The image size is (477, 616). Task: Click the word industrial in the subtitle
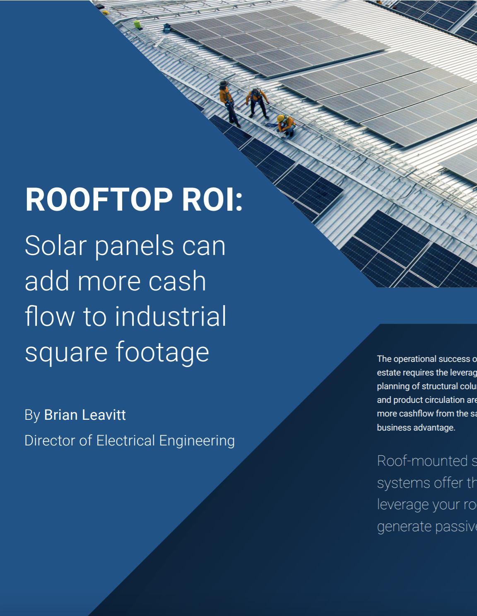coord(171,316)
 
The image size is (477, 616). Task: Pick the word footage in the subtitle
coord(162,352)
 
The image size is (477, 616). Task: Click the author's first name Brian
coord(61,415)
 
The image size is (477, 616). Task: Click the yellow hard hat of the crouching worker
coord(282,118)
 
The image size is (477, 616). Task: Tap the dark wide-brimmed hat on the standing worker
coord(224,84)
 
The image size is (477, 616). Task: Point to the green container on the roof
coord(137,24)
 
